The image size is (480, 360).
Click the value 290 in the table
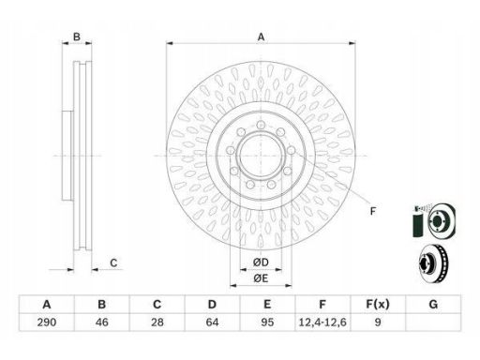(47, 322)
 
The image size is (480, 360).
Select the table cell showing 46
(102, 322)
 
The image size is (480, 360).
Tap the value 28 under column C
(157, 322)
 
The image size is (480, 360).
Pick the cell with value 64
(212, 322)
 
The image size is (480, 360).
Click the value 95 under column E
(267, 322)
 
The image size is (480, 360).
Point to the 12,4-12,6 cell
(322, 322)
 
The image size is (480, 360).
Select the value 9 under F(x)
(378, 322)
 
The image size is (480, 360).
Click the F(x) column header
(378, 304)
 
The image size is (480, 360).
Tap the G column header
(433, 304)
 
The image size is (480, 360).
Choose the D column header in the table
(212, 304)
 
